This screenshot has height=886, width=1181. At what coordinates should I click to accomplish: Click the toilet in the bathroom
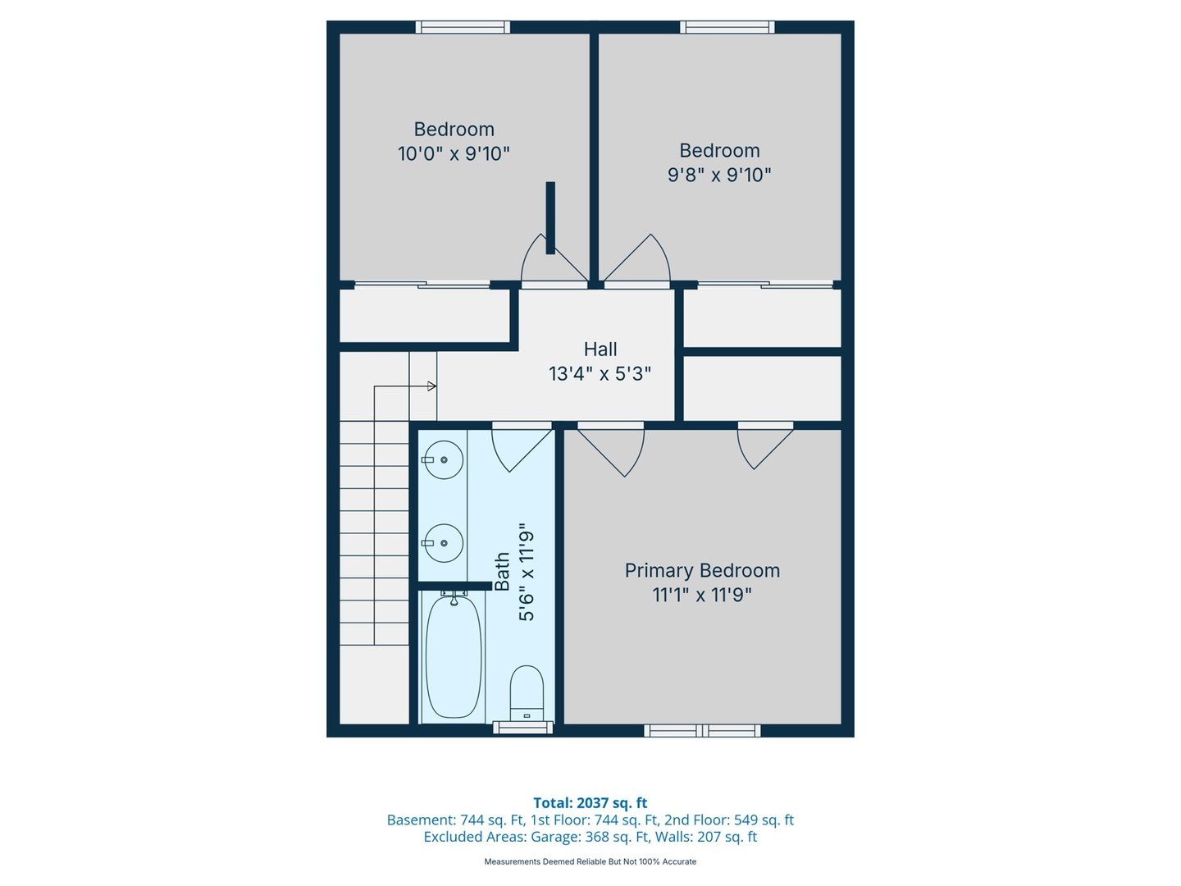point(527,692)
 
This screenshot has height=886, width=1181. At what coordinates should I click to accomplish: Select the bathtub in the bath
point(454,656)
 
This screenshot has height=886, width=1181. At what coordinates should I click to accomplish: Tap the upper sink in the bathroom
point(444,460)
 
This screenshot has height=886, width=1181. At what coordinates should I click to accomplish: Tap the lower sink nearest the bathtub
point(444,543)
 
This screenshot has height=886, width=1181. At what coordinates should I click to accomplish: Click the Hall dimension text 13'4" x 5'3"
point(600,374)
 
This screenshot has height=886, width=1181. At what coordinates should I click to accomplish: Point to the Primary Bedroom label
point(702,571)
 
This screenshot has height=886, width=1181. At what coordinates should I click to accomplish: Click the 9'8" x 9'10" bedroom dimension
point(719,175)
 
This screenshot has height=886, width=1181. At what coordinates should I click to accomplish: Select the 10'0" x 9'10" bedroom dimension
point(454,153)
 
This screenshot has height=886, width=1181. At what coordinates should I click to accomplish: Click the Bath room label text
point(502,571)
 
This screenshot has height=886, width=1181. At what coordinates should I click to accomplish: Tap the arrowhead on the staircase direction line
point(431,386)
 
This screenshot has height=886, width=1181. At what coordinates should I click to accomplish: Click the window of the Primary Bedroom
point(702,730)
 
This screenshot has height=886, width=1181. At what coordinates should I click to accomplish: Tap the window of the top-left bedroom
point(463,27)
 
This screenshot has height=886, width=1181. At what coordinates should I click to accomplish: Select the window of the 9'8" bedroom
point(727,27)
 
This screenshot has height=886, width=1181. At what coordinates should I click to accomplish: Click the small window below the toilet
point(522,727)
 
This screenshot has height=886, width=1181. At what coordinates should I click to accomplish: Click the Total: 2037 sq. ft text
point(590,803)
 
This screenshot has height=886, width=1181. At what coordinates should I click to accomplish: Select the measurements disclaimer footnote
point(590,861)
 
